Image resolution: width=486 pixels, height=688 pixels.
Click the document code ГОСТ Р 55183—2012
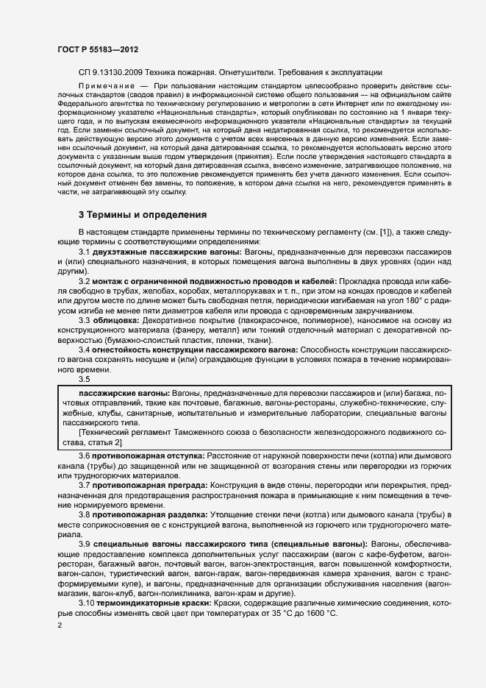pyautogui.click(x=97, y=49)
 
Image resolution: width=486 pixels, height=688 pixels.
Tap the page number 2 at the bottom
pyautogui.click(x=60, y=625)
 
